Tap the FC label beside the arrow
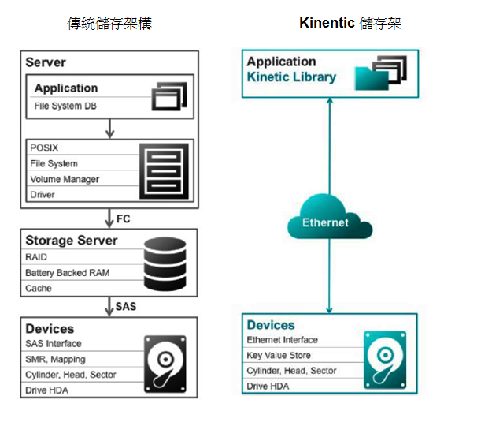124,218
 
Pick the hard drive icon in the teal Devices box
385,360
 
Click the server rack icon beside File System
165,170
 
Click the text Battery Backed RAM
68,273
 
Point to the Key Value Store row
280,355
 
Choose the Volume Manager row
65,179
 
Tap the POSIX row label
44,148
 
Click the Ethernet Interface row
282,340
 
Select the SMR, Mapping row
56,360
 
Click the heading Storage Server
72,240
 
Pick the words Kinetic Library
291,77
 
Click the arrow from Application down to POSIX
110,127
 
